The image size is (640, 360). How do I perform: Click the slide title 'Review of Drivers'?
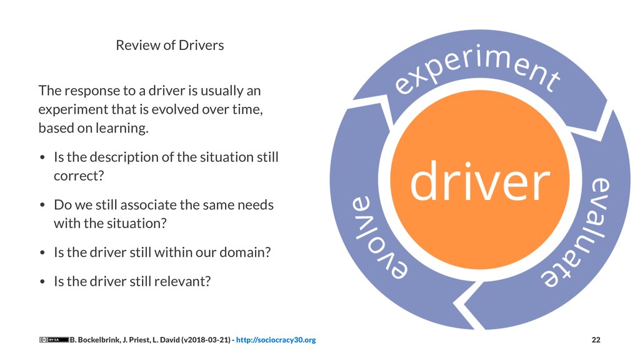click(x=169, y=46)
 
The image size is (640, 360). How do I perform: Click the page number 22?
click(x=596, y=340)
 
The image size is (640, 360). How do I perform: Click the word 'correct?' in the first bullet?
click(x=78, y=176)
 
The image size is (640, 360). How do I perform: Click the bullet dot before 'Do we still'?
click(x=42, y=206)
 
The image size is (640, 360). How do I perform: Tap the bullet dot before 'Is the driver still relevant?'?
click(x=42, y=282)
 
